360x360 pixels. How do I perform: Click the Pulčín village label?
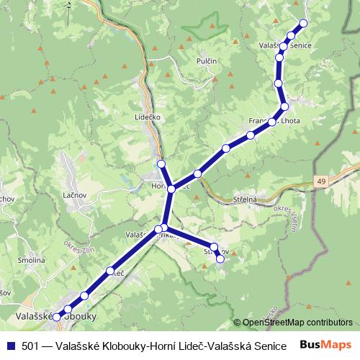(x=207, y=62)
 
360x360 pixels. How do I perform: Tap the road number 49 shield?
(x=320, y=182)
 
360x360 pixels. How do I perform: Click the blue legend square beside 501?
(x=10, y=346)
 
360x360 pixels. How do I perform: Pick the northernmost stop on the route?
(x=303, y=23)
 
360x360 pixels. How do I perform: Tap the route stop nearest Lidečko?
(x=161, y=163)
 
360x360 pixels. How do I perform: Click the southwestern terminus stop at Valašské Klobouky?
(x=56, y=317)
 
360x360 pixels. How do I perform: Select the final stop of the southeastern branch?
(x=220, y=259)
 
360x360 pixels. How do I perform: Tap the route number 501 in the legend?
(x=30, y=346)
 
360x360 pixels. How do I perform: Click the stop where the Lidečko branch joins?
(x=171, y=189)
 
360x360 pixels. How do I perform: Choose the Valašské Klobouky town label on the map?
(x=55, y=315)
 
